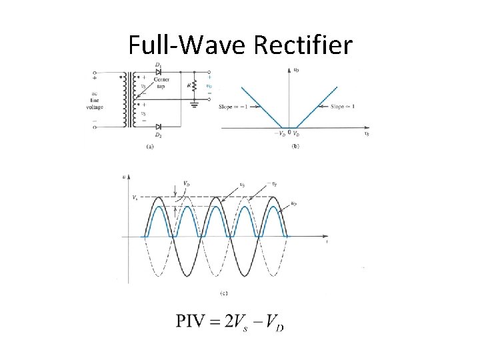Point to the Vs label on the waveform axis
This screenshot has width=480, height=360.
tap(135, 197)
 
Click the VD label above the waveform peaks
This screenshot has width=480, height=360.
tap(177, 183)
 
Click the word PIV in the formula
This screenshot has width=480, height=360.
tap(191, 321)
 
